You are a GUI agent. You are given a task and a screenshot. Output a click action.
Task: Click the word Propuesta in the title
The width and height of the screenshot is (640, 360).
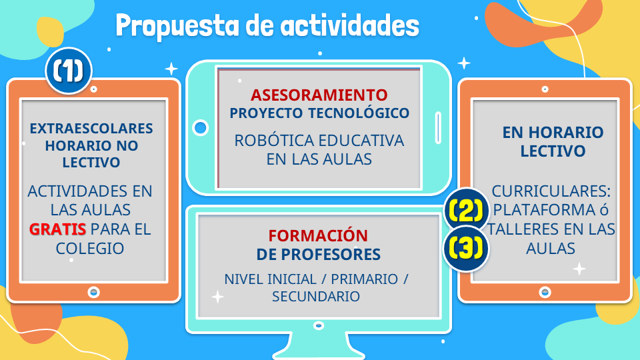click(x=177, y=26)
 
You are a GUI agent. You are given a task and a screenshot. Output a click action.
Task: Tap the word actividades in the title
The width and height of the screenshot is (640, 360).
click(x=350, y=25)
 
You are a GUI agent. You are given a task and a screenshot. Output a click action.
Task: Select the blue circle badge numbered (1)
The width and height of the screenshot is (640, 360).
click(x=69, y=71)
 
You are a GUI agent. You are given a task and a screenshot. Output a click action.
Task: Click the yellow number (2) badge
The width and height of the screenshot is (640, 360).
click(x=466, y=210)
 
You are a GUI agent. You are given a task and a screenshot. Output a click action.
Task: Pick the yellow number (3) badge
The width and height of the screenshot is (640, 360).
click(x=466, y=248)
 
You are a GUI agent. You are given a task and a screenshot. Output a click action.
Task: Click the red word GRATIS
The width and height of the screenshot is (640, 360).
click(x=57, y=229)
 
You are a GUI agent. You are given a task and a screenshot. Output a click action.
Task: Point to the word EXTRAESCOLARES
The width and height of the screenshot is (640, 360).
click(x=91, y=129)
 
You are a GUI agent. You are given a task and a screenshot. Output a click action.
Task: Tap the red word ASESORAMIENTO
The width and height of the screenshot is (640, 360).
click(x=319, y=95)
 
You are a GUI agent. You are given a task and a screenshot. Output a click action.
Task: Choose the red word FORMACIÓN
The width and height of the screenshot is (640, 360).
click(x=318, y=235)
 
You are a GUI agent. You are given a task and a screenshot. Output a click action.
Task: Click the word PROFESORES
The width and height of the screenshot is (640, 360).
click(x=331, y=255)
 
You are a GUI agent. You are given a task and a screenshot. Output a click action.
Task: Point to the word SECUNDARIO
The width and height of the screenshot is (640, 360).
click(x=316, y=296)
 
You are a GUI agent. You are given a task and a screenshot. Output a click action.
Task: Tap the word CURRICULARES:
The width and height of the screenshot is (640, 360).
click(x=551, y=191)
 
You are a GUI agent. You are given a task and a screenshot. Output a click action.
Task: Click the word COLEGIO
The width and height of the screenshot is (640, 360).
click(x=90, y=248)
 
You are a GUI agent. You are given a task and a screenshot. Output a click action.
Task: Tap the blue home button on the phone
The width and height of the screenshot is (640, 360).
click(x=201, y=128)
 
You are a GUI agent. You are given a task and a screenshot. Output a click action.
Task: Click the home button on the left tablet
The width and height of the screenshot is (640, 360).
click(x=94, y=292)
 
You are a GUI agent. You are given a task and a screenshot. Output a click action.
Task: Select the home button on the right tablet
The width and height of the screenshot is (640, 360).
click(x=545, y=292)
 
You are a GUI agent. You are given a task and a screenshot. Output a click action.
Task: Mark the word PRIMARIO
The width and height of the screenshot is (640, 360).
click(x=364, y=279)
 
